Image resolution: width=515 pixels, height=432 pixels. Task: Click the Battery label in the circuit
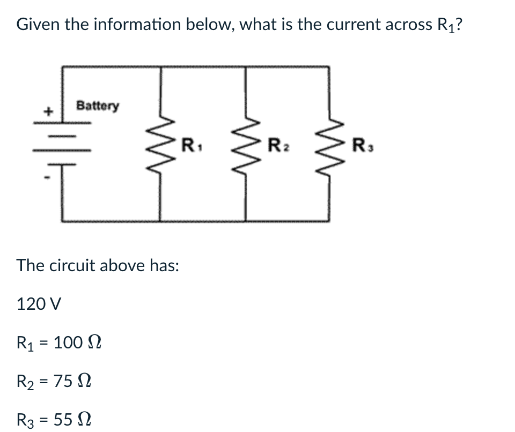pyautogui.click(x=98, y=106)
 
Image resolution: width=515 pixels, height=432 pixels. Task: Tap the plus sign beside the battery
pyautogui.click(x=48, y=112)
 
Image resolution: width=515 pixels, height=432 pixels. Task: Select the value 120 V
pyautogui.click(x=39, y=304)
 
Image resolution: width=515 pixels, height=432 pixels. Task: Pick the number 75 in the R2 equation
pyautogui.click(x=63, y=381)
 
